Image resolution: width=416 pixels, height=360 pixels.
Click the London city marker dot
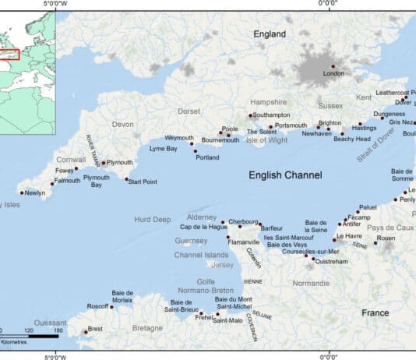pos(333,66)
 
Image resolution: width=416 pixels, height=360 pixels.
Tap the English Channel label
pos(285,175)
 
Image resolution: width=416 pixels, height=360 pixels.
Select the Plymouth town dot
pos(103,163)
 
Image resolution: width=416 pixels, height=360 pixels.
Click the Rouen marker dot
pos(375,242)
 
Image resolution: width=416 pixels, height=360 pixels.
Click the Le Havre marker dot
pos(334,239)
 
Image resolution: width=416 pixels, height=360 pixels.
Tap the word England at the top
pos(270,34)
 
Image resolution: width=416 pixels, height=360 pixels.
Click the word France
pos(375,312)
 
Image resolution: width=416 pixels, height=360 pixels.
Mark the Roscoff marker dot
pos(111,306)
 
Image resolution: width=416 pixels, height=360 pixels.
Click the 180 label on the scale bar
pos(56,331)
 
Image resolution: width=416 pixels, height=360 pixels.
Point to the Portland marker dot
pos(196,150)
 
